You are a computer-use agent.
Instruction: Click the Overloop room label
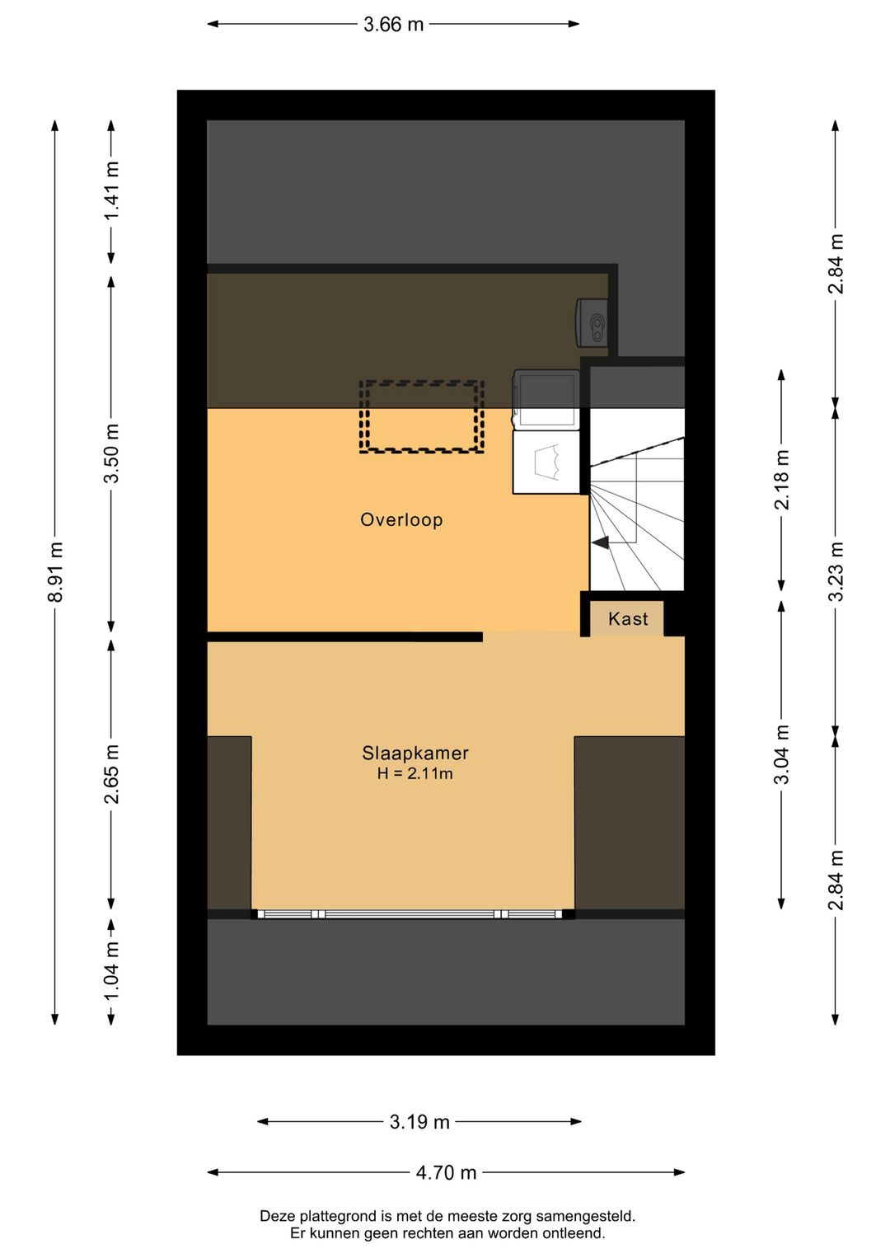point(401,520)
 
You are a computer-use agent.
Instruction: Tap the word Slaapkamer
point(415,753)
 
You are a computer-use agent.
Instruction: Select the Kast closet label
point(628,619)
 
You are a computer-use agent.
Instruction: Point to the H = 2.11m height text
point(415,774)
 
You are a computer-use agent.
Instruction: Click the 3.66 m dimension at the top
point(393,25)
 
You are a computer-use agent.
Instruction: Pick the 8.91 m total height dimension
point(55,572)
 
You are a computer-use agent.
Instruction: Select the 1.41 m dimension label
point(111,190)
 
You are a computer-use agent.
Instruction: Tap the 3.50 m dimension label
point(111,453)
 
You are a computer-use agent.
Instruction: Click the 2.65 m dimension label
point(111,774)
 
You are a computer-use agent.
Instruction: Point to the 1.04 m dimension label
point(111,971)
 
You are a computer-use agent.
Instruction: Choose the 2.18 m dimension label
point(781,480)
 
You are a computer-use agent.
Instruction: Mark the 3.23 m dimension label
point(836,571)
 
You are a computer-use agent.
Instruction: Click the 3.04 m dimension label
point(781,754)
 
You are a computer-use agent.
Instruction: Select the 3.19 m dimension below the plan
point(419,1122)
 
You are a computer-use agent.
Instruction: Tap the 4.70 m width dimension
point(446,1173)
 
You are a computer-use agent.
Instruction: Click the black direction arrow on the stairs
point(600,542)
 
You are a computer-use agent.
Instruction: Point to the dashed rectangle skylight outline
point(421,416)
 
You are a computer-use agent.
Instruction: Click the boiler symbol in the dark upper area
point(592,321)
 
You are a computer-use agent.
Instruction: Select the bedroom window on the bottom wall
point(410,914)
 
